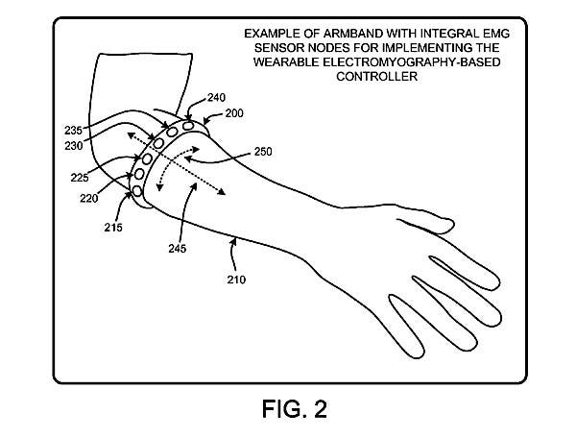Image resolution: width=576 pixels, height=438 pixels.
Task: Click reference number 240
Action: pyautogui.click(x=216, y=98)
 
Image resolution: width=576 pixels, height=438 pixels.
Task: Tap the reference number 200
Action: pyautogui.click(x=234, y=113)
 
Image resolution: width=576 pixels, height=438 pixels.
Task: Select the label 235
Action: pyautogui.click(x=74, y=131)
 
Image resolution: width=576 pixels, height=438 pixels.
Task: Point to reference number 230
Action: pyautogui.click(x=74, y=146)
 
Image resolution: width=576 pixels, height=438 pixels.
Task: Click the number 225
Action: pyautogui.click(x=80, y=178)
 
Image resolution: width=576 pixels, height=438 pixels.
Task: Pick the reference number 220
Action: pyautogui.click(x=89, y=199)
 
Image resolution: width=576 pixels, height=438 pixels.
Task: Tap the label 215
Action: pyautogui.click(x=113, y=228)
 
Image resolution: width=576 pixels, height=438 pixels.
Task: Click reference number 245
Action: pyautogui.click(x=178, y=249)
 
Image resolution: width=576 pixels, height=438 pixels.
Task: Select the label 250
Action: pyautogui.click(x=263, y=152)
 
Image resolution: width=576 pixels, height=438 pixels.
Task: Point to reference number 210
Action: pyautogui.click(x=236, y=280)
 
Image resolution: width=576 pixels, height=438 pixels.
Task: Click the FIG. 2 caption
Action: pyautogui.click(x=295, y=409)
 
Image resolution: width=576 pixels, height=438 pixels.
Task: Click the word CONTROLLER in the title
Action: pyautogui.click(x=377, y=77)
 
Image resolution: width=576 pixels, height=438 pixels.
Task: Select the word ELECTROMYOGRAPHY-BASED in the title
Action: pyautogui.click(x=412, y=62)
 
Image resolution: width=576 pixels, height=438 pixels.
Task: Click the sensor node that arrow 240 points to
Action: pyautogui.click(x=188, y=126)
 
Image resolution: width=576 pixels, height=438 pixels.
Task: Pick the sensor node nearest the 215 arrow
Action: pyautogui.click(x=137, y=191)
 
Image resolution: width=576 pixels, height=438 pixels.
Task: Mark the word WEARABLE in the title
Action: pyautogui.click(x=286, y=62)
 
